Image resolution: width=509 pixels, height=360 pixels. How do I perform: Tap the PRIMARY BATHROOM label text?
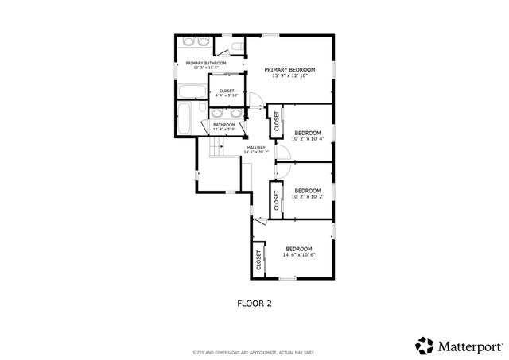206,63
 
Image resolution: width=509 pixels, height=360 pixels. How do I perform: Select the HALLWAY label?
256,147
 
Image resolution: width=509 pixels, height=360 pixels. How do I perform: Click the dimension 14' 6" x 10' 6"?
300,255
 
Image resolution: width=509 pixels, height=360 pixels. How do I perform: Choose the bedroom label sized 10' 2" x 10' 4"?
308,132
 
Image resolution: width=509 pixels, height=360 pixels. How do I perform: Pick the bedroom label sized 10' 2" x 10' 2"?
308,191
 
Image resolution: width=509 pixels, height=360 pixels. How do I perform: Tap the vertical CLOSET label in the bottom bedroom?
259,260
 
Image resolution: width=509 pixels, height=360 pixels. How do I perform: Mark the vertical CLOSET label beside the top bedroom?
277,122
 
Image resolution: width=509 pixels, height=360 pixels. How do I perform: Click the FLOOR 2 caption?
255,302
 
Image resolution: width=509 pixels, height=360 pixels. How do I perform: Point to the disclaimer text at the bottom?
254,352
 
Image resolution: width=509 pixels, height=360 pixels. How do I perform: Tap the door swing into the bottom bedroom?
256,226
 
